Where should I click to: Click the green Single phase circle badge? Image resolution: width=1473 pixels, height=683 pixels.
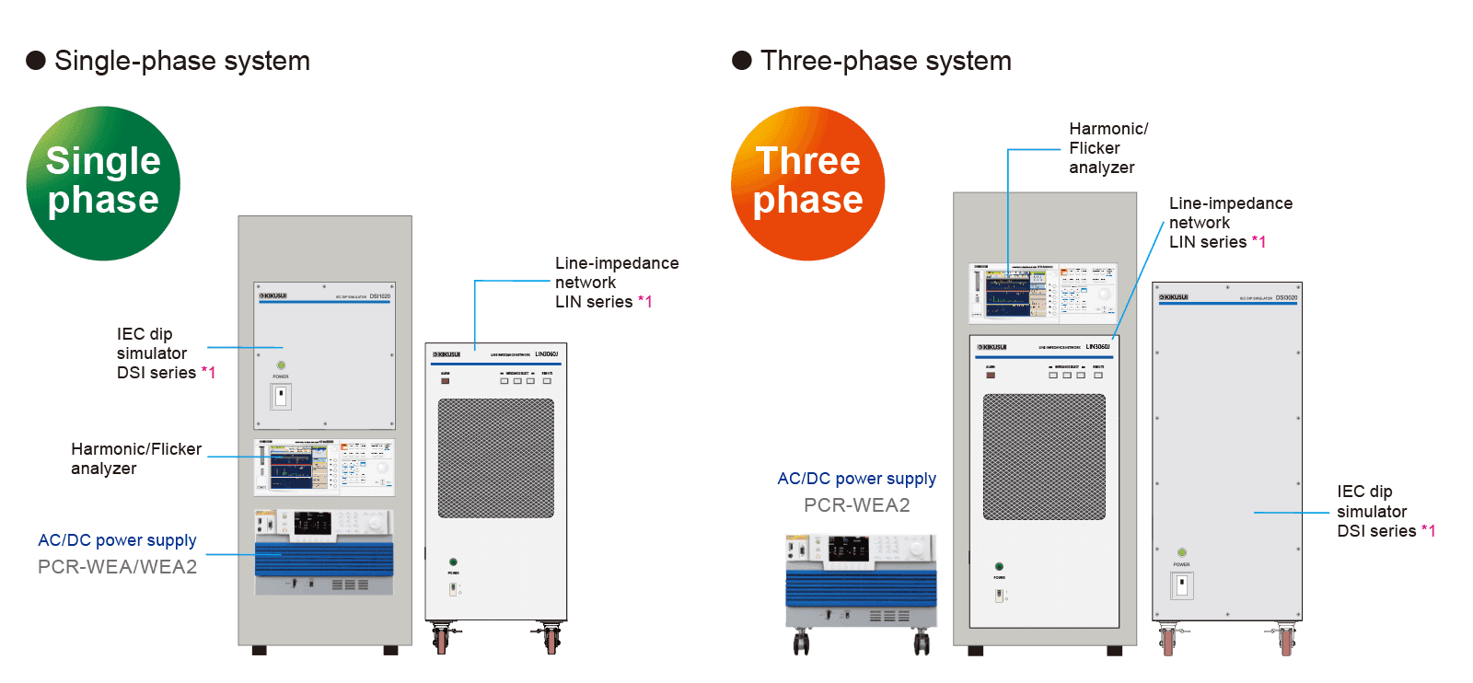click(103, 183)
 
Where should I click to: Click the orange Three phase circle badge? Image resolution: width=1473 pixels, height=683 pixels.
click(808, 183)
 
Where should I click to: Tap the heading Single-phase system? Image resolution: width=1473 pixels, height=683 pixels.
click(181, 61)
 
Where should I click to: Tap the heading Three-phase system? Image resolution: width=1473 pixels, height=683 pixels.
click(886, 61)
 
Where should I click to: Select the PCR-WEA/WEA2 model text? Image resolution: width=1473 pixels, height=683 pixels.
click(117, 567)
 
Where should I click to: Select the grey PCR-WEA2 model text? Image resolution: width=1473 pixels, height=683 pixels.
click(856, 504)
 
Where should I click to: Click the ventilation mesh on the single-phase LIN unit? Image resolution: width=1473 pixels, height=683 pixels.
click(496, 457)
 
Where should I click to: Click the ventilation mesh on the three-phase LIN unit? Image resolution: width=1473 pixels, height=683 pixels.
click(1044, 457)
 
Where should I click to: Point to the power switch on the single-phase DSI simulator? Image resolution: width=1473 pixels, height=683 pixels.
click(281, 397)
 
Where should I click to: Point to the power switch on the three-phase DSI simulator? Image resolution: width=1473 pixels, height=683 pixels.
click(1182, 585)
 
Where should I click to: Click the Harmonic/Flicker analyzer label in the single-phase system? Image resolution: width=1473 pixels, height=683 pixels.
click(135, 458)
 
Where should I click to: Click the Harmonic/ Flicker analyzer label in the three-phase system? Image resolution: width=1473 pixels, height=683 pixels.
click(1108, 148)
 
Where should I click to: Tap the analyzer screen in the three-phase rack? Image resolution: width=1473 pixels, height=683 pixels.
click(1008, 294)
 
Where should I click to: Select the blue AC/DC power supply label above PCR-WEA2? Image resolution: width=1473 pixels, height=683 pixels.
click(856, 479)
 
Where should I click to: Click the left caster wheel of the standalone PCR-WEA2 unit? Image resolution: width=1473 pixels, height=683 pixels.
click(801, 643)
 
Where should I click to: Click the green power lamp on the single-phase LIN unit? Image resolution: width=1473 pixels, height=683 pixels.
click(453, 561)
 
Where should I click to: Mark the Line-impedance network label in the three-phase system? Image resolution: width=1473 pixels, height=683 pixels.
click(1229, 223)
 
